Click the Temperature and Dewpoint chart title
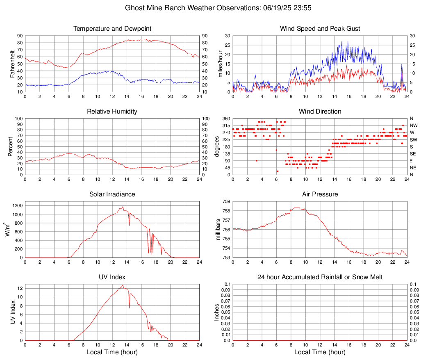[x=112, y=29]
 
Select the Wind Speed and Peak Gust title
[x=320, y=29]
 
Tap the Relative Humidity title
[x=112, y=112]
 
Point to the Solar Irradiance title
[x=112, y=194]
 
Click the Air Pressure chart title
[x=320, y=194]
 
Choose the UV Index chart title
[x=112, y=277]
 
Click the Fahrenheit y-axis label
[x=12, y=64]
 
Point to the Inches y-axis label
[x=217, y=312]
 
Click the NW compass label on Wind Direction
[x=414, y=125]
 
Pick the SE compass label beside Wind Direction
[x=413, y=154]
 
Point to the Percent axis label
[x=11, y=146]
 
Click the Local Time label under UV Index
[x=112, y=352]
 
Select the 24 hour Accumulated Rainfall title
[x=320, y=277]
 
